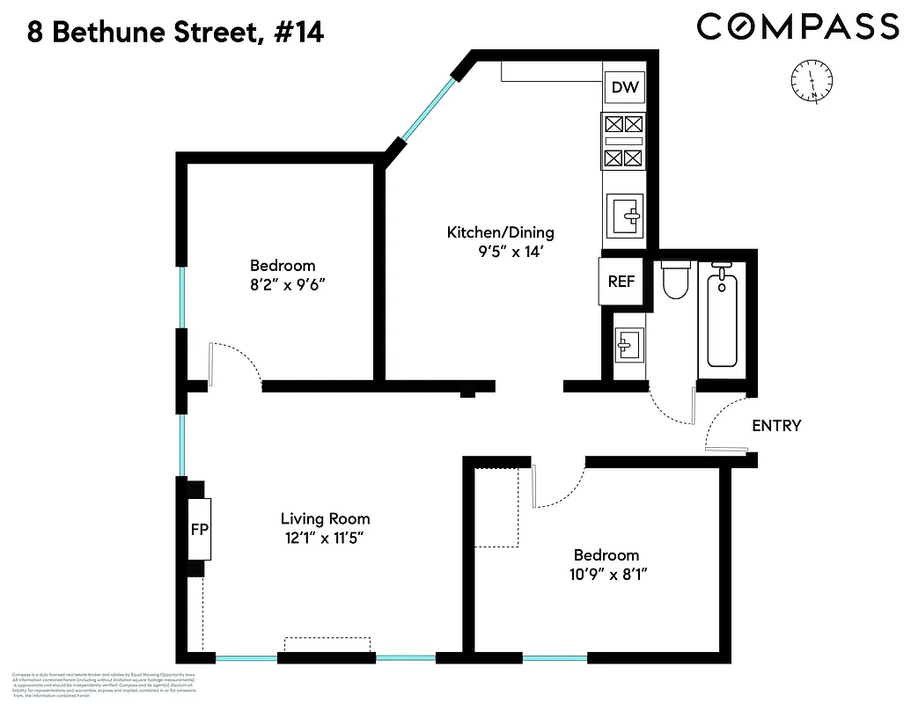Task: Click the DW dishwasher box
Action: [625, 87]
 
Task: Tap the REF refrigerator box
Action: [621, 282]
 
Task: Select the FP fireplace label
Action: [200, 530]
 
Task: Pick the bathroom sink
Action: [629, 344]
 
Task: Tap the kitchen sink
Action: [625, 213]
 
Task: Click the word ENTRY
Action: [776, 426]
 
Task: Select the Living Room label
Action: [325, 518]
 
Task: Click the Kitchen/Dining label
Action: [501, 232]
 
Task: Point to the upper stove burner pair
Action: [625, 125]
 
